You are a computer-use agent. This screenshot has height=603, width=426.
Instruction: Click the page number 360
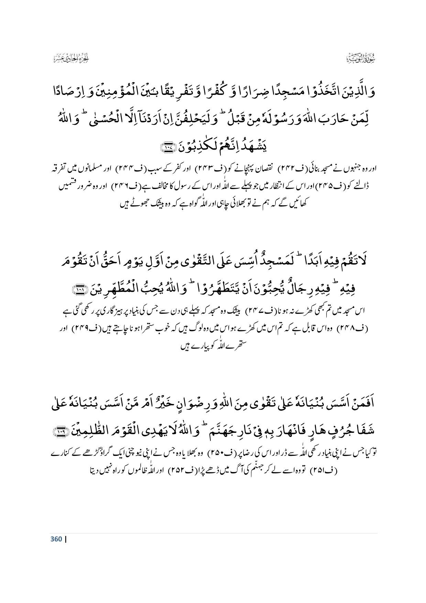[x=56, y=539]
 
